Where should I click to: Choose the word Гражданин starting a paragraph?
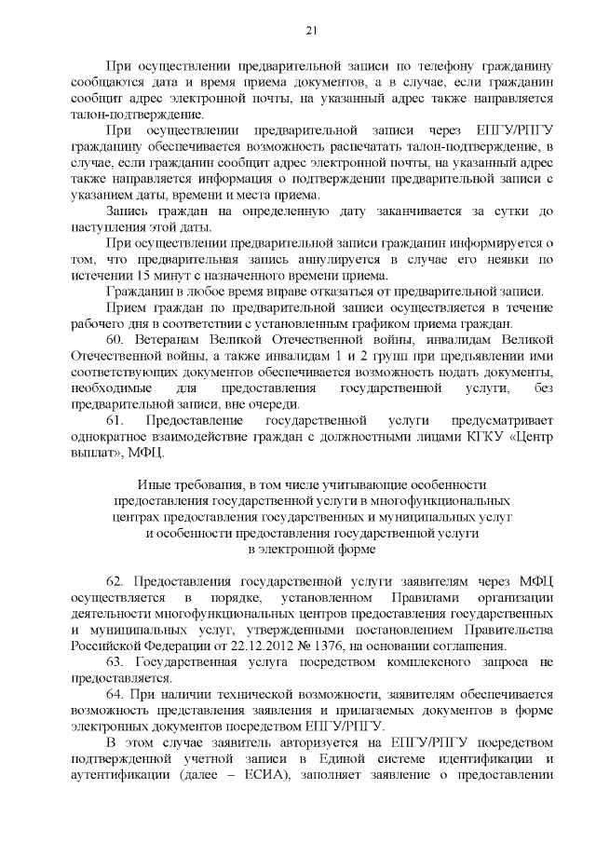tap(141, 292)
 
